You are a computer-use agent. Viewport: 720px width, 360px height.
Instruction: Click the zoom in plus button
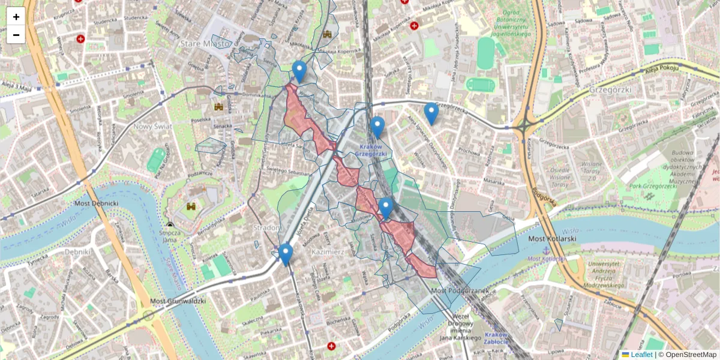(x=16, y=17)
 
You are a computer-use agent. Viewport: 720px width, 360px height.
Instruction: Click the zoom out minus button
(x=16, y=35)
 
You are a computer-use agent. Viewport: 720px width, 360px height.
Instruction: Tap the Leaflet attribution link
(x=641, y=355)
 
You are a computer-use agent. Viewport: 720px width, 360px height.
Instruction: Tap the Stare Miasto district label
(x=205, y=44)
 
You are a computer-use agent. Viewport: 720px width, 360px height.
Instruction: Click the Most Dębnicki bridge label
(x=97, y=204)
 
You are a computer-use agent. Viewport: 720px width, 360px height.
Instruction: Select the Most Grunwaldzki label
(x=178, y=301)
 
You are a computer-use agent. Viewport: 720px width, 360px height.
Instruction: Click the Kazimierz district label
(x=328, y=253)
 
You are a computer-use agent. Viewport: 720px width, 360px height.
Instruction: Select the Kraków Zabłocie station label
(x=496, y=338)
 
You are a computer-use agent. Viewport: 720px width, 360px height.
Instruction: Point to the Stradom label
(x=267, y=228)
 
